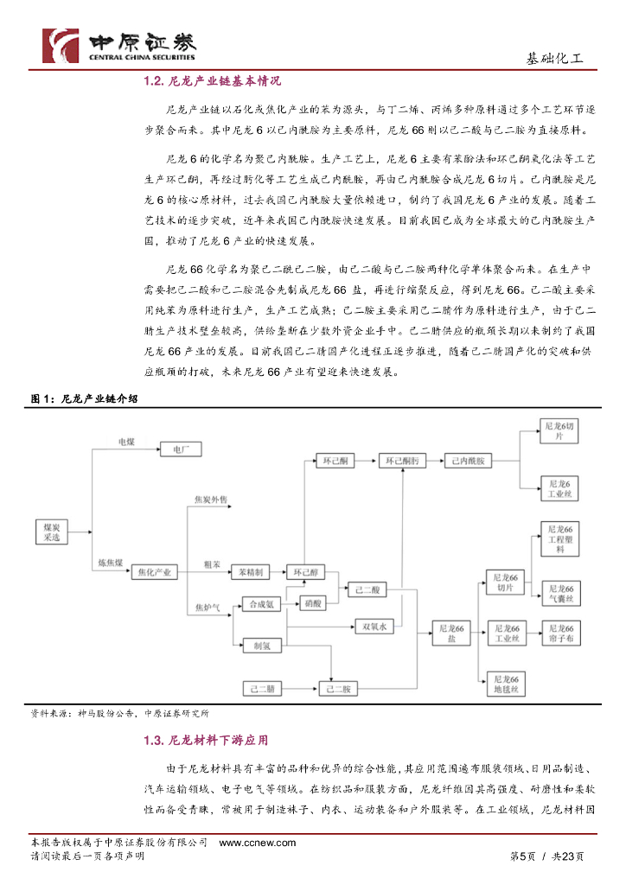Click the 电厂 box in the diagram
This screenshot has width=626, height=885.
point(181,450)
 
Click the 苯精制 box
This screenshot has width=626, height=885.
point(251,572)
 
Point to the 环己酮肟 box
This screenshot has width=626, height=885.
point(403,462)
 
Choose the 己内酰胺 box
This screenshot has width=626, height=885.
point(468,462)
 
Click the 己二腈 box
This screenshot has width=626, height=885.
point(262,689)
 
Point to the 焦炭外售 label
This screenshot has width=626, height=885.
point(210,500)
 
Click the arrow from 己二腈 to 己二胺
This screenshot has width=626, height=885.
point(301,689)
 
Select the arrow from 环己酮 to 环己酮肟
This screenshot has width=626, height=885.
point(366,462)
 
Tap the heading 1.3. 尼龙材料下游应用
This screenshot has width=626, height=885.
point(206,741)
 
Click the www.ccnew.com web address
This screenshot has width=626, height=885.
point(258,844)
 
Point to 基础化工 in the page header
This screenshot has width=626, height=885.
point(554,59)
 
